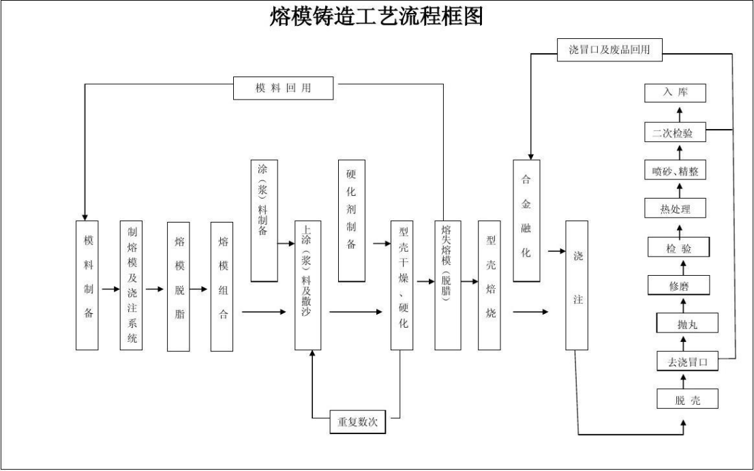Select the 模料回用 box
[x=284, y=89]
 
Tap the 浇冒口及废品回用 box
[x=609, y=50]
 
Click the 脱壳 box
[x=687, y=400]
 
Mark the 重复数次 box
[x=357, y=420]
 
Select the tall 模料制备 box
[x=88, y=285]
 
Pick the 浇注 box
[x=577, y=285]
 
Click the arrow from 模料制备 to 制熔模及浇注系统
[x=109, y=289]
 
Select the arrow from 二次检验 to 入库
[x=679, y=113]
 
